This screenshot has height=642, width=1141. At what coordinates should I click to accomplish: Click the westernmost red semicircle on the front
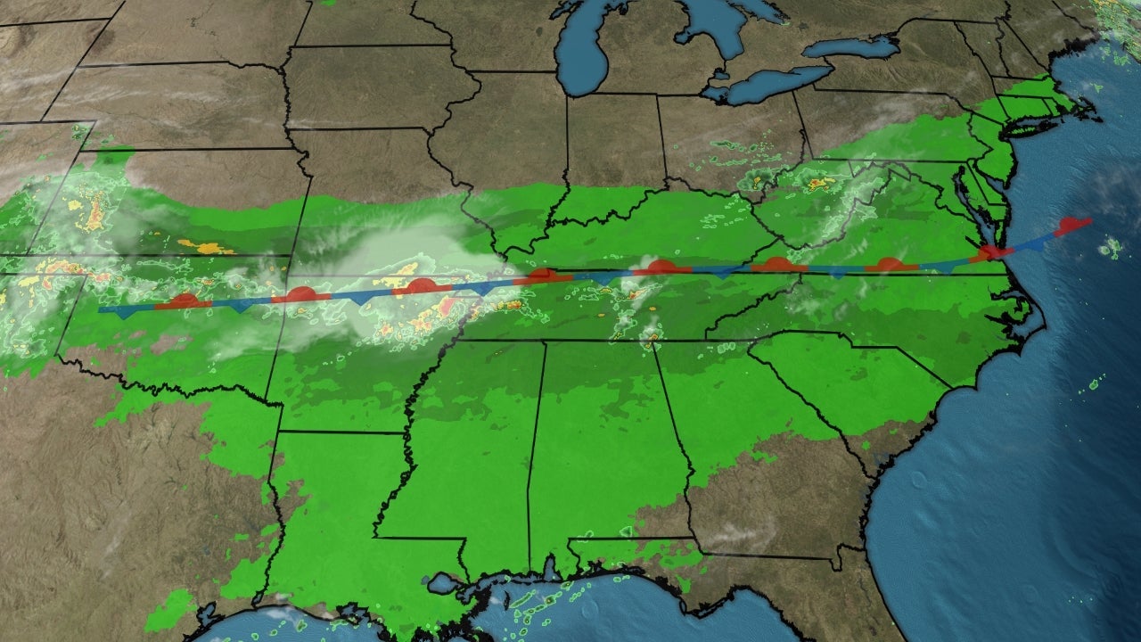point(183,300)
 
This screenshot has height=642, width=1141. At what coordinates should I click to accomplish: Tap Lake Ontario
point(851,47)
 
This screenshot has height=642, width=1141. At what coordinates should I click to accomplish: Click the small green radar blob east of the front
point(1111,248)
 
